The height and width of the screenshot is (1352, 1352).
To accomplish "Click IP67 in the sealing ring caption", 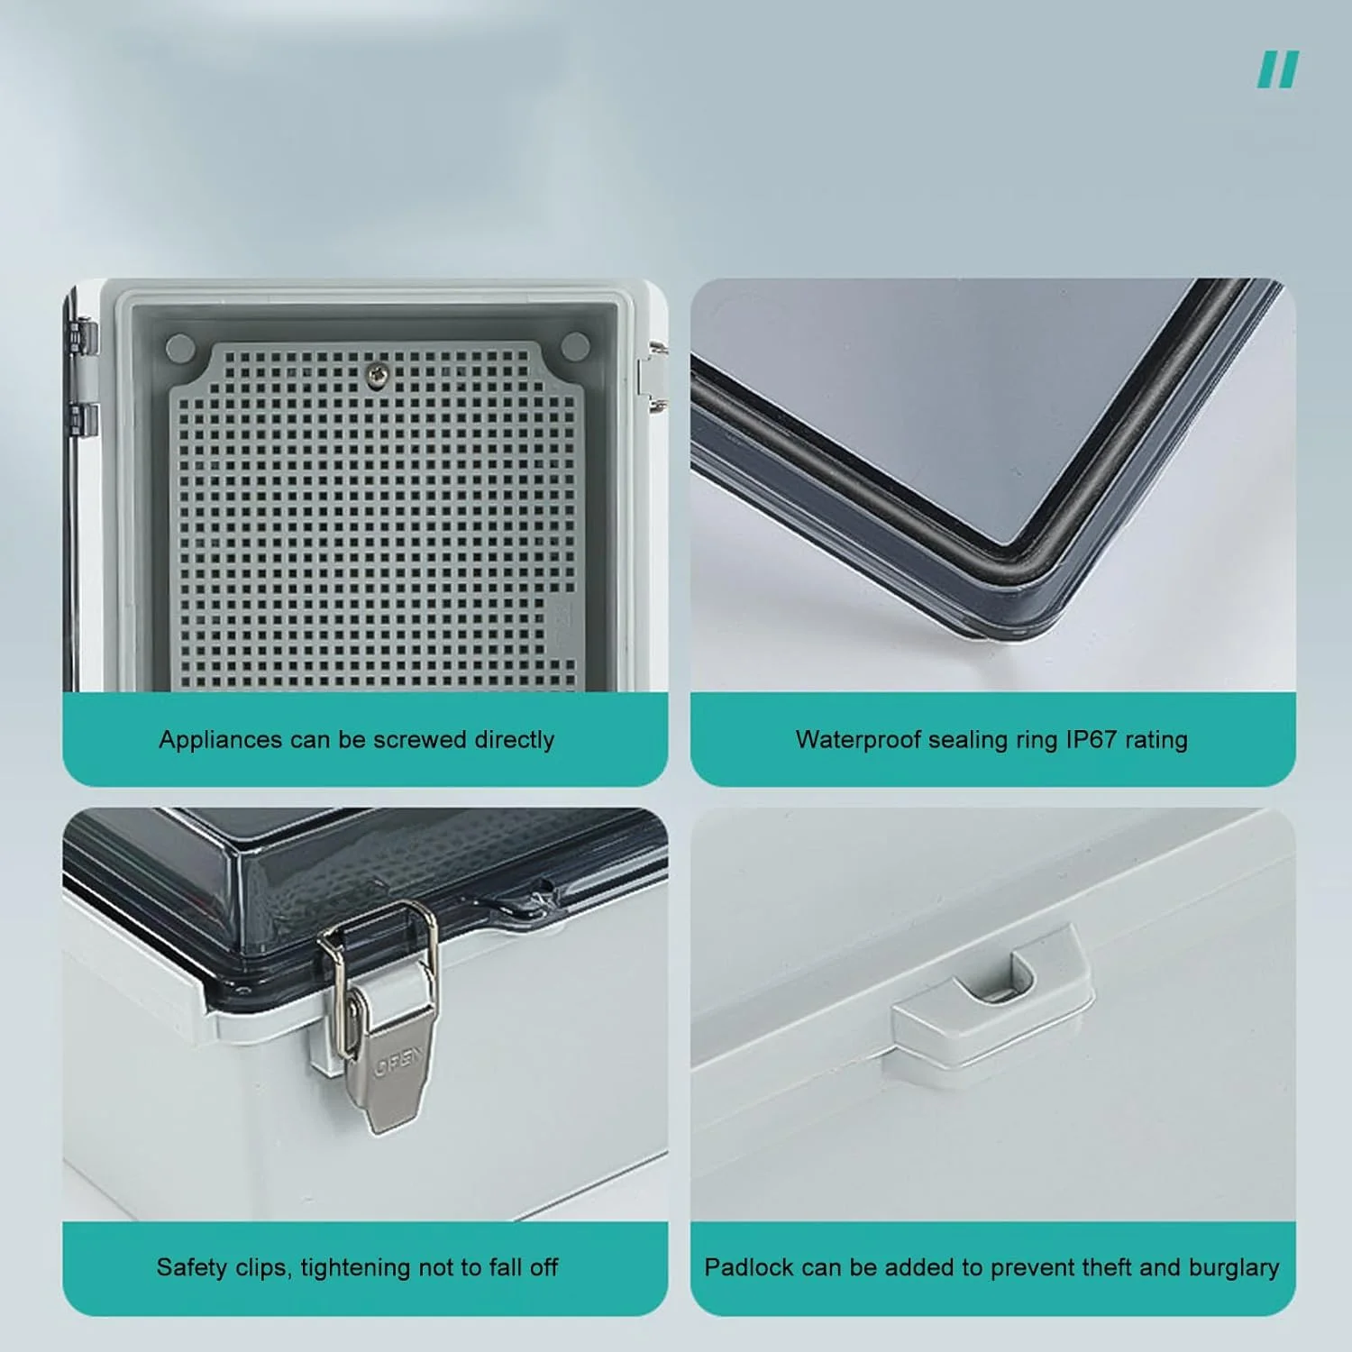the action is tap(1092, 739).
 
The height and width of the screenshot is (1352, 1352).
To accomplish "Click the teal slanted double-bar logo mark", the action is tap(1278, 70).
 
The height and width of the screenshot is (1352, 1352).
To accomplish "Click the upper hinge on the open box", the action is tap(82, 335).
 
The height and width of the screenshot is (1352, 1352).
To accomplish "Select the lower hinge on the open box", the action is tap(82, 417).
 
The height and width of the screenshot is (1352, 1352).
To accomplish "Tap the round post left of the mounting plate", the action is tap(180, 348).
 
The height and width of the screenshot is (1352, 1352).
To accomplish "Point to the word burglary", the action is tap(1234, 1267).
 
